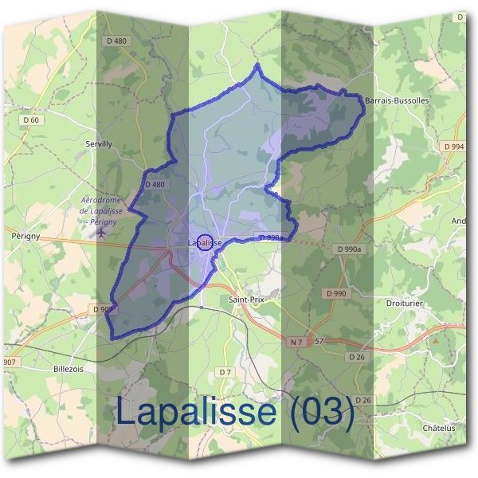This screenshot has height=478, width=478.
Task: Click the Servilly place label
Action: (x=99, y=143)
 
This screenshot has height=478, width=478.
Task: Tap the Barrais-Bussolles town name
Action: (x=396, y=101)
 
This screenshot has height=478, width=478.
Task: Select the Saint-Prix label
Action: (x=245, y=300)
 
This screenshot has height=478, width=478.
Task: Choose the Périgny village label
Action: (x=26, y=237)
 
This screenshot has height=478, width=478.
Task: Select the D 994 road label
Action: (x=453, y=147)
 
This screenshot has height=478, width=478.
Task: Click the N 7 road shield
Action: (x=297, y=342)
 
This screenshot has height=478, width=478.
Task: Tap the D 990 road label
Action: (x=337, y=293)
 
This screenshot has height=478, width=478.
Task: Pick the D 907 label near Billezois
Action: (x=104, y=309)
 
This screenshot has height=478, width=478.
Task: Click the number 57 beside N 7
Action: (x=319, y=342)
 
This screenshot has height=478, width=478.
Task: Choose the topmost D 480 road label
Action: (x=116, y=41)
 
